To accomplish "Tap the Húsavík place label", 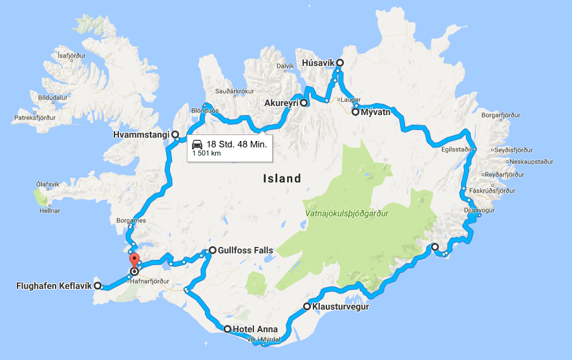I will click(x=317, y=63).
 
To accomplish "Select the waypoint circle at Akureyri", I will click(x=304, y=103).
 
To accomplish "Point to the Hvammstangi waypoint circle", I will click(x=175, y=134).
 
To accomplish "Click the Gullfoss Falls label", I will click(x=246, y=250).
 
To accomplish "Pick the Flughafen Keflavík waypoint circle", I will click(x=98, y=285).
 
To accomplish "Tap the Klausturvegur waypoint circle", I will click(x=307, y=306).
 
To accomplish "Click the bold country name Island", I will click(x=282, y=178).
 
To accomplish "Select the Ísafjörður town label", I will click(x=72, y=56).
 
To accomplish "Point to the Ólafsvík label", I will click(x=50, y=184).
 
